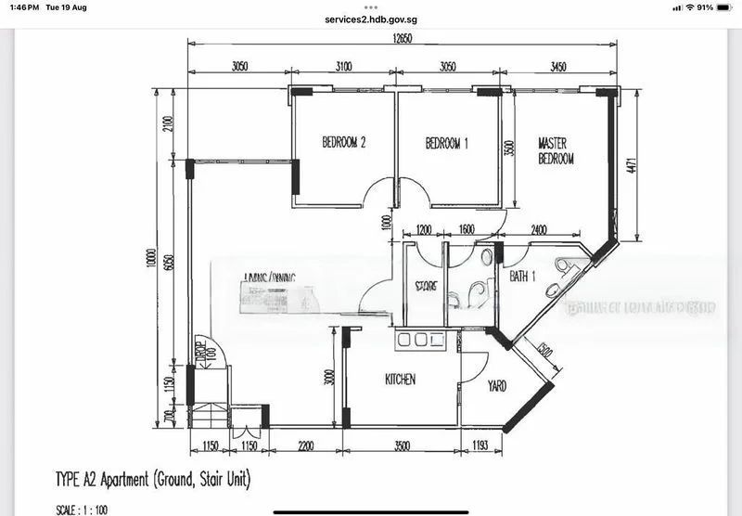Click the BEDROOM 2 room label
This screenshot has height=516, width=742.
[344, 143]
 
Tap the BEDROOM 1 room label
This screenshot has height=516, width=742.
[447, 143]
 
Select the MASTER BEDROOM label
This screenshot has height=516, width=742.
[556, 151]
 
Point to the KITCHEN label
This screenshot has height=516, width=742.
[400, 380]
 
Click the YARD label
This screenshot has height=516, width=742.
[496, 386]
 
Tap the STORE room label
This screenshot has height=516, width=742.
[425, 286]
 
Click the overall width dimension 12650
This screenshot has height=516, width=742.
[402, 38]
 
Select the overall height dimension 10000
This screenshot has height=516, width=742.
[150, 260]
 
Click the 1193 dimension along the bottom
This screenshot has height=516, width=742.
[480, 446]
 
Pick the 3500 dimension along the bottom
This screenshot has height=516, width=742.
[401, 446]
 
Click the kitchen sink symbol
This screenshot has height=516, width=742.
[420, 341]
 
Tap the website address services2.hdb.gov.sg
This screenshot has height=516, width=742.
[371, 19]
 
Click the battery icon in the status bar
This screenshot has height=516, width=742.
[724, 7]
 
